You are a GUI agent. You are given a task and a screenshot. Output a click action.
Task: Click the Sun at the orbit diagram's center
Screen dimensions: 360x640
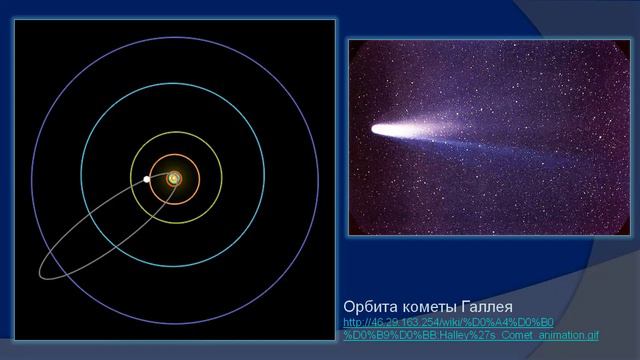click(x=174, y=178)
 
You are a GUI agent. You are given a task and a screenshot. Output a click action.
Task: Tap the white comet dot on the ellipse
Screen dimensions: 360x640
click(x=147, y=179)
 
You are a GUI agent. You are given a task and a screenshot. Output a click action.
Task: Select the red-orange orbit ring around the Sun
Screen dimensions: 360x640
click(x=198, y=178)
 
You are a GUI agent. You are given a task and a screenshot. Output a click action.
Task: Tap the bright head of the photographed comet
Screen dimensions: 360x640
click(x=381, y=129)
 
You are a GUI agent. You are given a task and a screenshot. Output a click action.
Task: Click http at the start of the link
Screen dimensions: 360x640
click(x=352, y=323)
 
